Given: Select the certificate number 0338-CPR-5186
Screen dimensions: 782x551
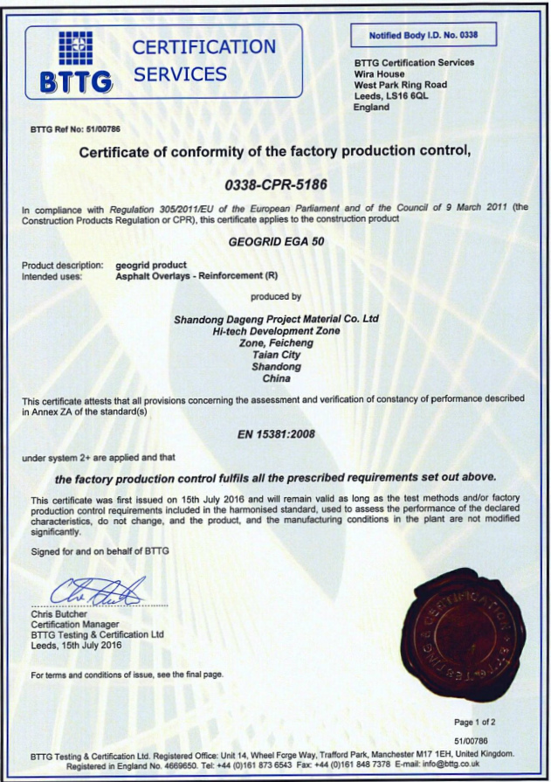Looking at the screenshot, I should point(275,185).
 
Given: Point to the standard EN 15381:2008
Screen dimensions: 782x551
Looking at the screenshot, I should point(275,433).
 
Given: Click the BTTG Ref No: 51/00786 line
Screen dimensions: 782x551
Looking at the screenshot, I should point(75,129).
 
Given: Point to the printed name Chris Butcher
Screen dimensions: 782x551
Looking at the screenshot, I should point(60,614).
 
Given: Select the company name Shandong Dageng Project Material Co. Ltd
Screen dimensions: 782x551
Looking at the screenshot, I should point(275,319).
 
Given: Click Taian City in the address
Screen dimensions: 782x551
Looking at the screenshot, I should point(275,355).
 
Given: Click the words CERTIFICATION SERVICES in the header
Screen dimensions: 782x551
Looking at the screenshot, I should point(203,60).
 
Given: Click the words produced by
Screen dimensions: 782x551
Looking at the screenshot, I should point(275,297).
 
